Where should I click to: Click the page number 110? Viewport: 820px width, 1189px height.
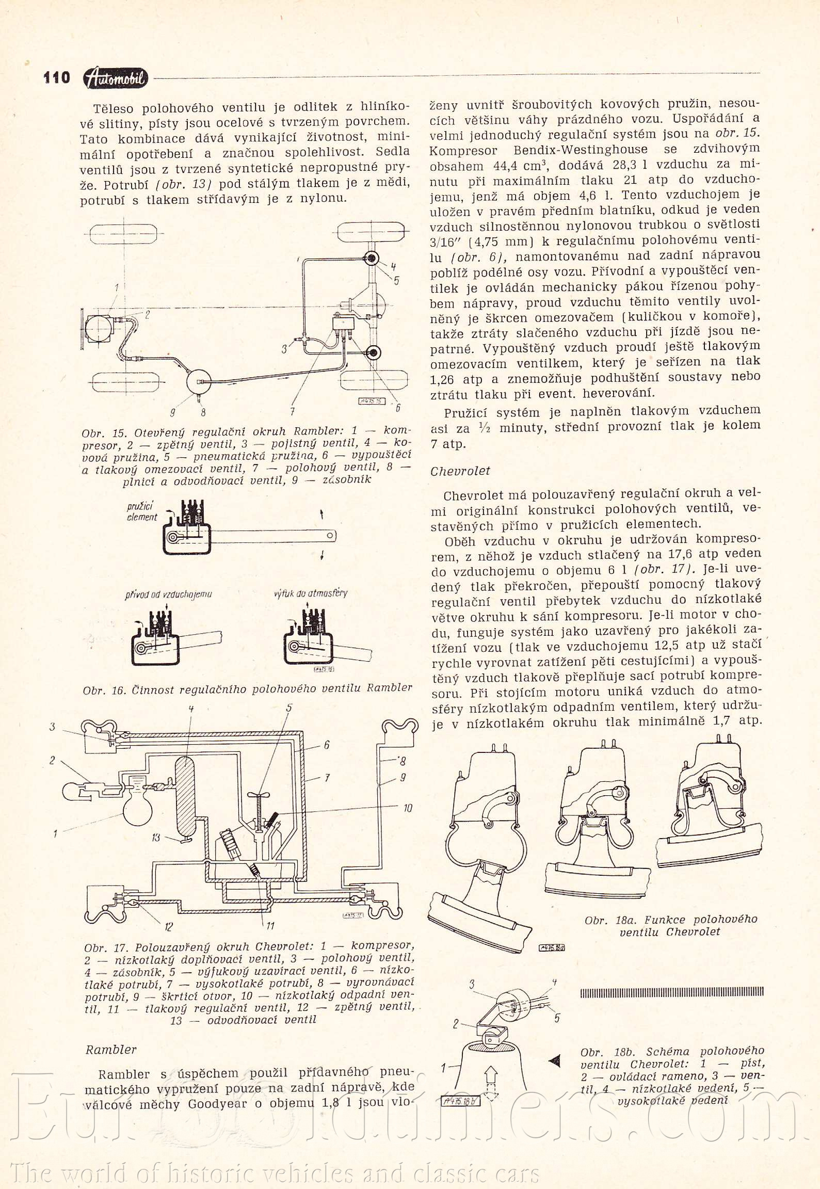click(x=56, y=78)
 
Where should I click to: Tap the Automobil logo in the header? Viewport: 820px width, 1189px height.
click(x=116, y=78)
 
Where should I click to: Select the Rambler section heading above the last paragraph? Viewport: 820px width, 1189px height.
click(x=111, y=1050)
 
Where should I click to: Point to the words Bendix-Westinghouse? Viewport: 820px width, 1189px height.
click(x=581, y=150)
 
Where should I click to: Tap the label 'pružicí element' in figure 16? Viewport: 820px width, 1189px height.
click(x=142, y=511)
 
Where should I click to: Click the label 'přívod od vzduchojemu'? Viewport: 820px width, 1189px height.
click(x=168, y=594)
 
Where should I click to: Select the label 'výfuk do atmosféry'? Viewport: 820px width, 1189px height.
click(x=311, y=593)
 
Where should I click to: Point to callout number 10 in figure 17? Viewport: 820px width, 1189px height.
click(x=407, y=809)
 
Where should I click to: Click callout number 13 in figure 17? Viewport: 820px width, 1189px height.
click(x=156, y=838)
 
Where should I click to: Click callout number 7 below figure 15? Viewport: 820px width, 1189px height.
click(x=292, y=411)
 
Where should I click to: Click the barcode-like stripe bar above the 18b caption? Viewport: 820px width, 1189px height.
click(x=672, y=992)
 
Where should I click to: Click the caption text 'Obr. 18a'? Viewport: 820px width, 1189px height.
click(x=609, y=920)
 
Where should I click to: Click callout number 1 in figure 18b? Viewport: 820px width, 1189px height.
click(x=443, y=1067)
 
